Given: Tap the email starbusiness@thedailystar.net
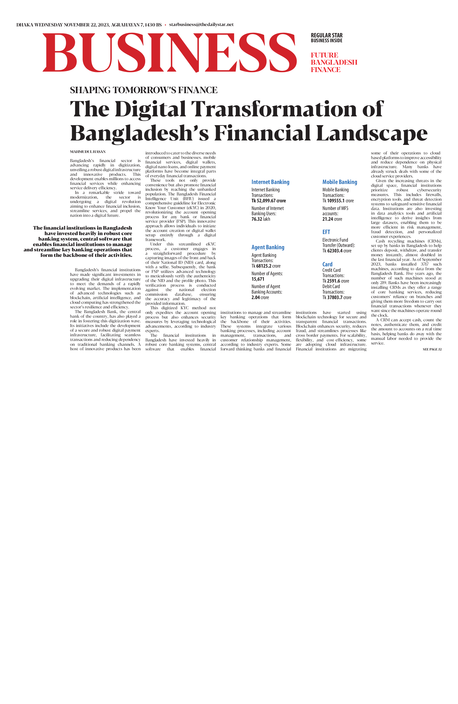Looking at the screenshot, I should point(201,25).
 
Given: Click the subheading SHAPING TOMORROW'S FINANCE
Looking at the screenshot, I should point(144,90).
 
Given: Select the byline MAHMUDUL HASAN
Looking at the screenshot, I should point(88,152).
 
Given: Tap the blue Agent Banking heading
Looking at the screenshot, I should point(268,247).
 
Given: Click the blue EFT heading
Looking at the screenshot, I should point(326,232).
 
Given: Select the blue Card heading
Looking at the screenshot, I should point(327,264).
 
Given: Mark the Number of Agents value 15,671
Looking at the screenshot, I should point(258,279).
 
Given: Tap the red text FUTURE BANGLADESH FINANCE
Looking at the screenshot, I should point(334,62).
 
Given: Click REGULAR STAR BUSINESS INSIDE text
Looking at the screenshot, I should point(327,38).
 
